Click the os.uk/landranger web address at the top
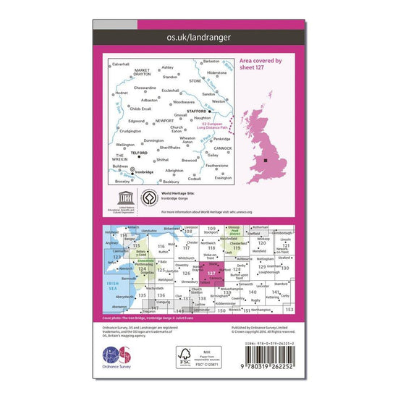pos(198,35)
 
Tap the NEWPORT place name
pos(166,121)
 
